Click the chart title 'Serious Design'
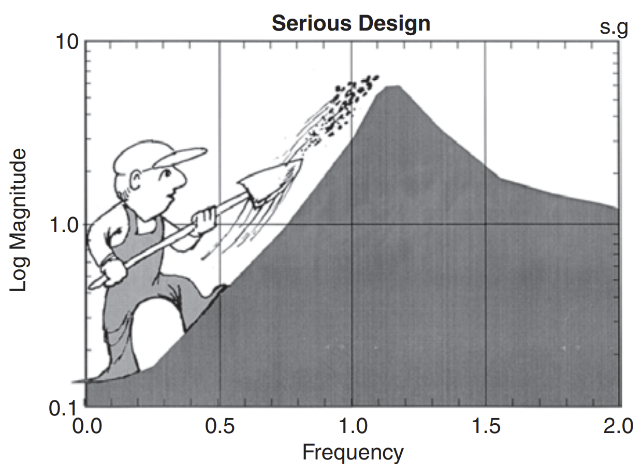[x=351, y=23]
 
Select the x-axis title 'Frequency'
[x=353, y=452]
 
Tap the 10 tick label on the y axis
[x=66, y=42]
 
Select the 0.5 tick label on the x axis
[x=220, y=427]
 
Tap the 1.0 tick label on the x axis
[x=353, y=427]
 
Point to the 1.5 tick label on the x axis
[x=486, y=427]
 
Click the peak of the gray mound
[x=393, y=87]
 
